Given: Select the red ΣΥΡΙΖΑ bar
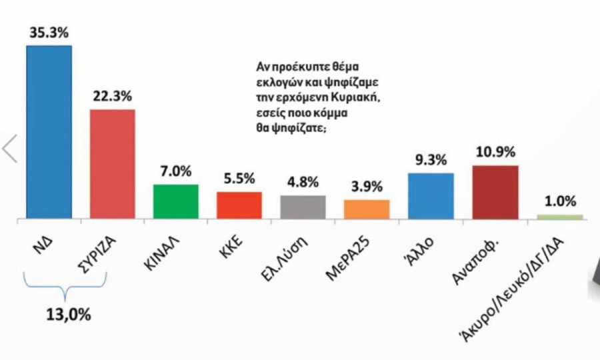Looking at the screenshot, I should (x=112, y=164).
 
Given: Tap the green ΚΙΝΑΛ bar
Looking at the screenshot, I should (x=176, y=201).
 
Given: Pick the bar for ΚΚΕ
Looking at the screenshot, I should (x=239, y=205).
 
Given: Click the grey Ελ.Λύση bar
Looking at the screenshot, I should (x=303, y=207).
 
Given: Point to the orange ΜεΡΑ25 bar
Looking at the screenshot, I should (x=366, y=209).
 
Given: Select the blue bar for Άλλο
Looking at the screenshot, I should (x=430, y=195).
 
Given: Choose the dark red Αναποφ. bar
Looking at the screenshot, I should (x=494, y=191).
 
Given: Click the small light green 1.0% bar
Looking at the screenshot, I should (x=559, y=217).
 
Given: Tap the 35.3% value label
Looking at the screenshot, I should (x=48, y=31).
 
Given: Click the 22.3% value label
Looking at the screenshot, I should (x=112, y=96).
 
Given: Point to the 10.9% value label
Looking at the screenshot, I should (x=494, y=152).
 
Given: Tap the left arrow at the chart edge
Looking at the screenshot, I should (x=9, y=148).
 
